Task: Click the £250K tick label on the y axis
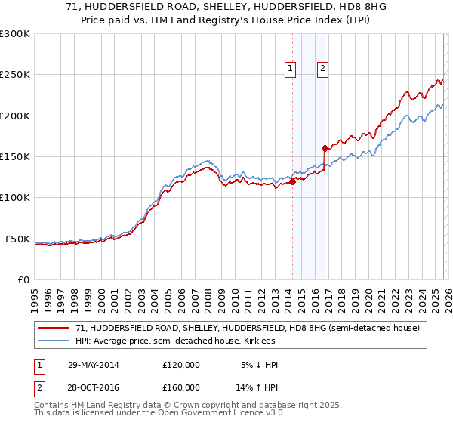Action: (x=15, y=75)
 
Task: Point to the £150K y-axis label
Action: (x=15, y=156)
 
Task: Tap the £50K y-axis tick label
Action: (x=17, y=239)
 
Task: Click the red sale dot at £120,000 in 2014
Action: (x=292, y=181)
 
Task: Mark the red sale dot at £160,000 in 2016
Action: (x=325, y=149)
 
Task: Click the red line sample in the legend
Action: (x=54, y=328)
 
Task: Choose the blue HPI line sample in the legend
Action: (x=54, y=341)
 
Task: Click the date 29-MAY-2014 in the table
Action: (x=94, y=365)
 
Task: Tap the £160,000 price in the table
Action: (x=181, y=387)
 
